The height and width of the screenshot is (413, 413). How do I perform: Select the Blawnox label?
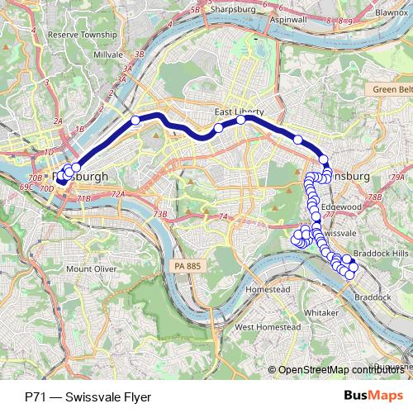(391, 13)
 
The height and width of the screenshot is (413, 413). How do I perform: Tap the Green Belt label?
(391, 89)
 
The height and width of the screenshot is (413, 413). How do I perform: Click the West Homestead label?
(266, 327)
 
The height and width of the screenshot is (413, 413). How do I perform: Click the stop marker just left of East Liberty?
(218, 127)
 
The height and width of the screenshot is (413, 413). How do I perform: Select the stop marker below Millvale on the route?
(135, 121)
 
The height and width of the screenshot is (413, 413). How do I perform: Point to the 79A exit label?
(396, 178)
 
